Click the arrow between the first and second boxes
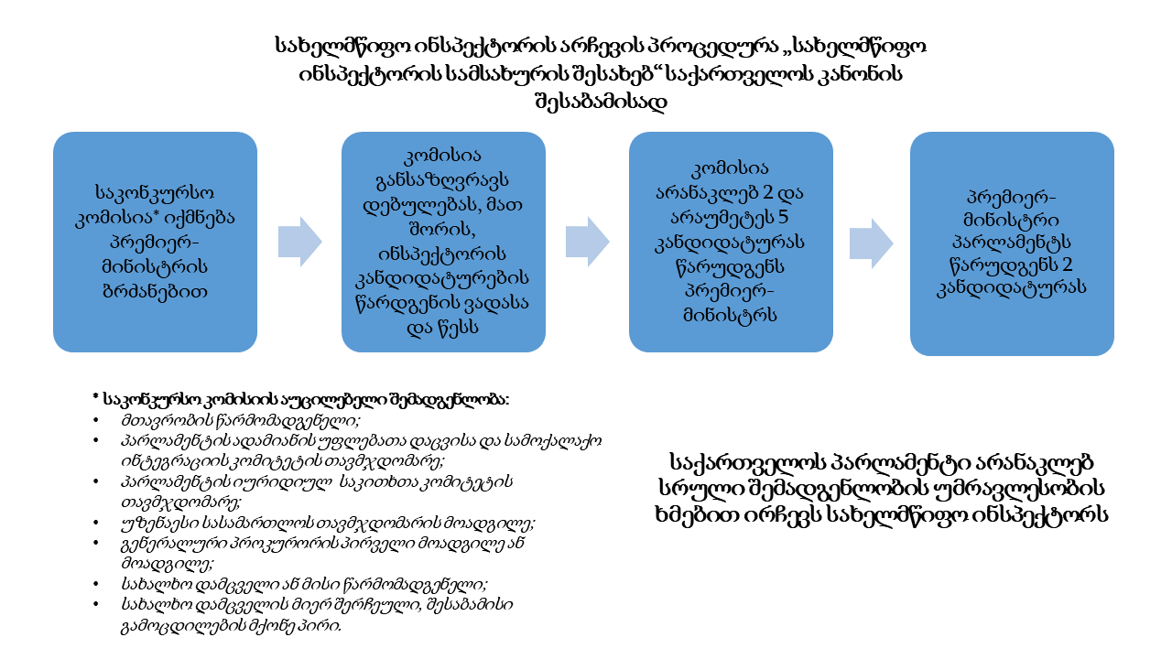299,242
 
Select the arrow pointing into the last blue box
871,243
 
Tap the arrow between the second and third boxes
588,242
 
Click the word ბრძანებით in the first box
155,291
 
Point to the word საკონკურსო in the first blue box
155,192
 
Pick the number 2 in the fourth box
1068,265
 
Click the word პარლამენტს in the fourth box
1012,242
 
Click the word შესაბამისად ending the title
602,101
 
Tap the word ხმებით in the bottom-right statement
697,514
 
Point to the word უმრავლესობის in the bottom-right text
1019,488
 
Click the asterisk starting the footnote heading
96,397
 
